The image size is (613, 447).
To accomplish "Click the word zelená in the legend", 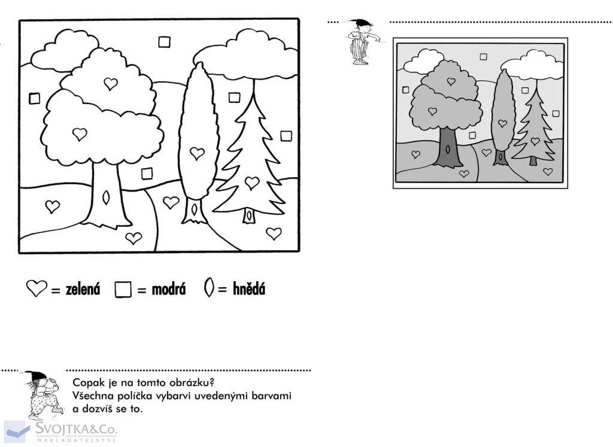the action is pyautogui.click(x=83, y=290).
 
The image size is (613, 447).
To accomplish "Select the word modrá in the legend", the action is pyautogui.click(x=168, y=290).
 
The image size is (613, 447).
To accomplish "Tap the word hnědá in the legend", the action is pyautogui.click(x=249, y=289).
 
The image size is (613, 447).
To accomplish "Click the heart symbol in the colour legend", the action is pyautogui.click(x=37, y=288).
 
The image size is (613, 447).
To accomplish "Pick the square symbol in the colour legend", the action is pyautogui.click(x=123, y=290).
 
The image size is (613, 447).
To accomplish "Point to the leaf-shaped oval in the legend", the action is pyautogui.click(x=209, y=287).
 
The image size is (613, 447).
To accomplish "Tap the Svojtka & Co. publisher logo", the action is pyautogui.click(x=60, y=431).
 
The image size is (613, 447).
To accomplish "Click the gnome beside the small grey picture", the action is pyautogui.click(x=362, y=41).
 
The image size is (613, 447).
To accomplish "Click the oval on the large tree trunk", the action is pyautogui.click(x=106, y=197).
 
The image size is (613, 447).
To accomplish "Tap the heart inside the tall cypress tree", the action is pyautogui.click(x=197, y=153).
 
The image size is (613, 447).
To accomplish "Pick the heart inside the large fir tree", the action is pyautogui.click(x=252, y=183).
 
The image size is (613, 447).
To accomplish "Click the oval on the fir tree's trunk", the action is pyautogui.click(x=248, y=215).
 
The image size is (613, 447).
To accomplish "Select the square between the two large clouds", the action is pyautogui.click(x=165, y=42).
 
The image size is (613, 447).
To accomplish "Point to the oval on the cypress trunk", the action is pyautogui.click(x=194, y=209).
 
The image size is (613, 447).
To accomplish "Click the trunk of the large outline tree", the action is pyautogui.click(x=106, y=195).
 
